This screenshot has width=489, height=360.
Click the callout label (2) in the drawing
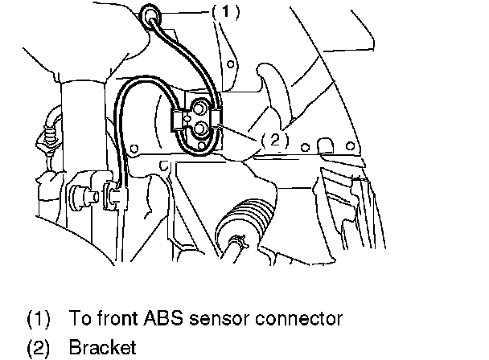pos(273,138)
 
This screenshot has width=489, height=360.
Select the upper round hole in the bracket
pos(199,108)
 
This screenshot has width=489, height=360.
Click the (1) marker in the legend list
pos(39,319)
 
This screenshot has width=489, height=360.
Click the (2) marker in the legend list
pos(39,348)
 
